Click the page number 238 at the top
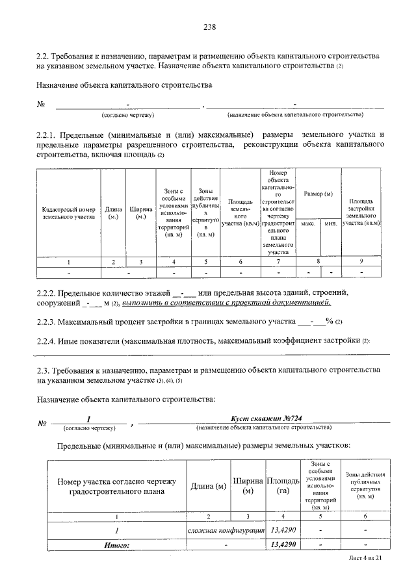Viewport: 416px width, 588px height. point(209,27)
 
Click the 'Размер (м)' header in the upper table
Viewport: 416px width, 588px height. point(318,194)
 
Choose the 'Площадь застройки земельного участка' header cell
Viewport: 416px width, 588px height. point(361,212)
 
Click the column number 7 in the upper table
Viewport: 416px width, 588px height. point(278,261)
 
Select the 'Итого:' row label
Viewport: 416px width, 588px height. point(118,544)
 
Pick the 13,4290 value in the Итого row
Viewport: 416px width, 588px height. point(283,544)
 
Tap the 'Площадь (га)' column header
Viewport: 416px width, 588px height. point(283,485)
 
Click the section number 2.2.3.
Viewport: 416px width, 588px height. point(46,321)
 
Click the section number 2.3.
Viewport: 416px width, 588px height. point(44,370)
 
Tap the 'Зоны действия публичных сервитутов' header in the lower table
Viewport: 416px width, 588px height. point(365,485)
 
